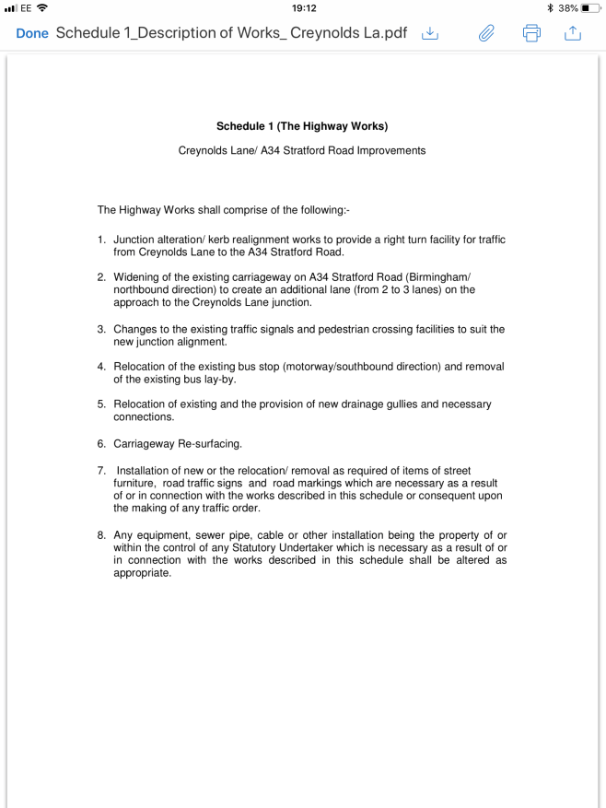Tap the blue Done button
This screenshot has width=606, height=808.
pos(32,33)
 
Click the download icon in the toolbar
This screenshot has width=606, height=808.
pos(429,33)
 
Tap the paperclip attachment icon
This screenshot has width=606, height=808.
pos(485,33)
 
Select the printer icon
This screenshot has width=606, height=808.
pos(531,33)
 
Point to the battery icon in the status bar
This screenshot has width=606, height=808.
pos(589,7)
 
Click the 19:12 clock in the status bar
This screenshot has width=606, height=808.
pos(303,7)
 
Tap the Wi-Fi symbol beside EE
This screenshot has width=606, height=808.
pos(41,7)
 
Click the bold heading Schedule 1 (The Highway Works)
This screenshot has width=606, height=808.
pos(302,126)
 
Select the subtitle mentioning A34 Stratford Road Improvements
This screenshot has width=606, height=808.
pos(302,150)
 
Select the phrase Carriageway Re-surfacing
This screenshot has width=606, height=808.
pos(178,444)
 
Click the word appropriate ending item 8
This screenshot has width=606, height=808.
pos(142,573)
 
